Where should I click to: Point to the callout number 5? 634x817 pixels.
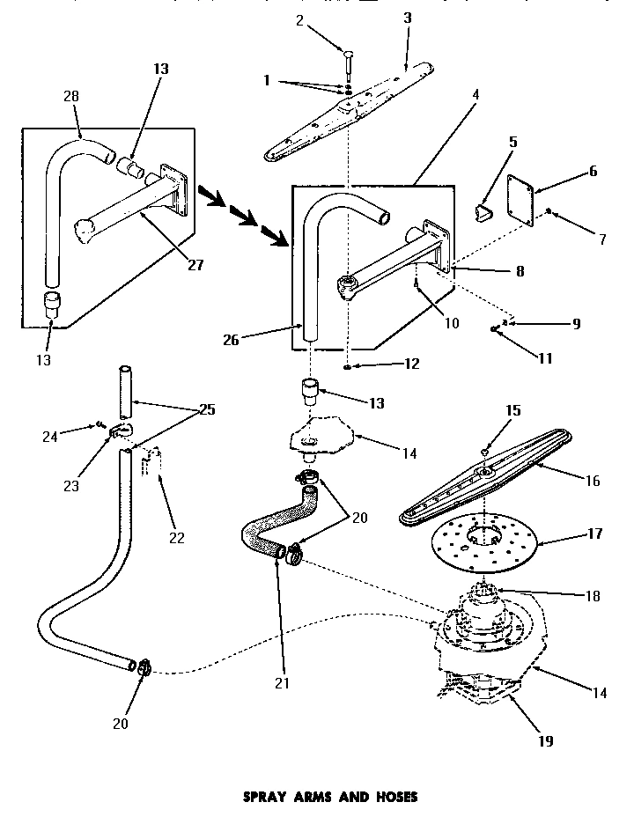pyautogui.click(x=513, y=141)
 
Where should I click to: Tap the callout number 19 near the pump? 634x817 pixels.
pyautogui.click(x=545, y=740)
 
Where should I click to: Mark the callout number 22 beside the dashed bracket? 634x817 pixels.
pyautogui.click(x=177, y=538)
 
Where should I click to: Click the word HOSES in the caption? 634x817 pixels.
pyautogui.click(x=391, y=797)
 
